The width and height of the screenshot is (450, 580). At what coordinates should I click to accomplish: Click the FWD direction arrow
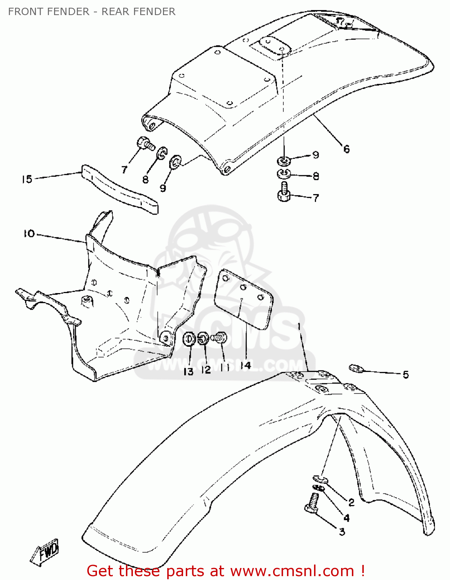tap(46, 552)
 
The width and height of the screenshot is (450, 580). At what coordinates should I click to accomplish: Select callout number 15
tap(27, 179)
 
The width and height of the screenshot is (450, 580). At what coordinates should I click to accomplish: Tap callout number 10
tap(29, 234)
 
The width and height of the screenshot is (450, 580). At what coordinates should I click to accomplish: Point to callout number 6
tap(346, 149)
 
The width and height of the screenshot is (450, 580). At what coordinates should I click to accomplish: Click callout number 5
tap(406, 374)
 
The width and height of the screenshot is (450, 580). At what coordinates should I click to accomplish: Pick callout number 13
tap(188, 371)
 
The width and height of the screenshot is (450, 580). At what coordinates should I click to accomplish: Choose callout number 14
tap(246, 365)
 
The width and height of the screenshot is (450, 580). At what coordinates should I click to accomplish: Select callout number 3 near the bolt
tap(342, 532)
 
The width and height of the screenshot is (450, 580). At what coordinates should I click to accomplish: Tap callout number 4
tap(346, 517)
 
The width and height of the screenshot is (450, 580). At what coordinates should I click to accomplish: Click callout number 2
tap(351, 502)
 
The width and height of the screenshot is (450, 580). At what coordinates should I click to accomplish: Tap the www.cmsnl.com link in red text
tap(293, 571)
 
